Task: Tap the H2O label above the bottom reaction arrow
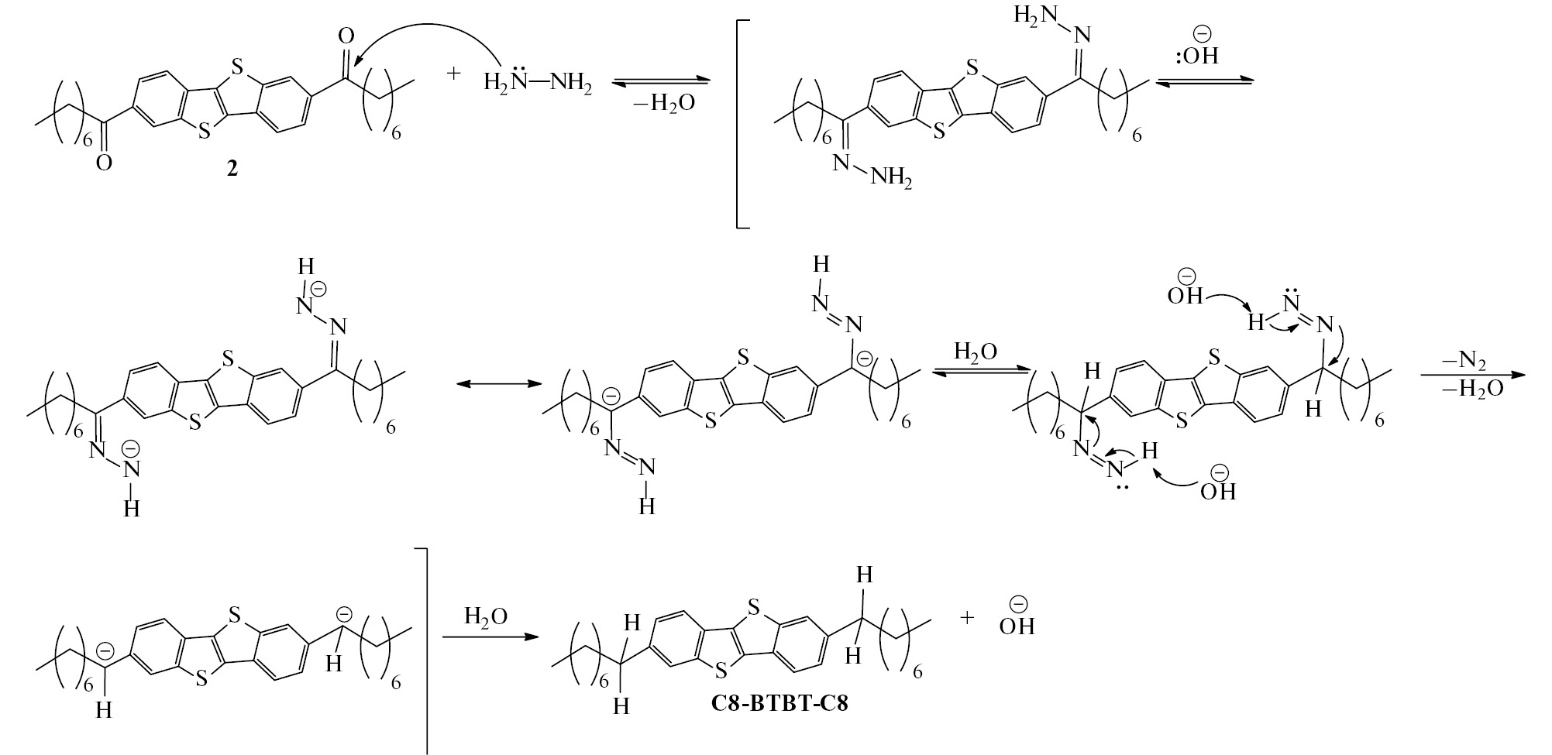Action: [486, 616]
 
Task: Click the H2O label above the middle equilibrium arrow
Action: [976, 353]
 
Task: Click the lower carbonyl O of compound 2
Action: [104, 162]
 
